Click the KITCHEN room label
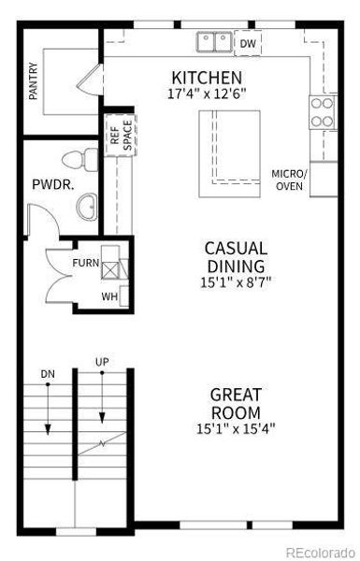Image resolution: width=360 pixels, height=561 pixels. click(207, 77)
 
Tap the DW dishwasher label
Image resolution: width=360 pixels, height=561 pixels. click(248, 43)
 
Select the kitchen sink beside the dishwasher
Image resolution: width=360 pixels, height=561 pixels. click(215, 42)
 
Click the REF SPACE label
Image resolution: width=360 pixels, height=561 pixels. click(122, 137)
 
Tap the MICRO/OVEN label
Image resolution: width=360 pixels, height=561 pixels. click(289, 179)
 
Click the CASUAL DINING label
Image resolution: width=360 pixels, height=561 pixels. click(236, 256)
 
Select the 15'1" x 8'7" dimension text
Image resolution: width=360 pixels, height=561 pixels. click(236, 280)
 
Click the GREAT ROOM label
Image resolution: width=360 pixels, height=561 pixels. click(235, 403)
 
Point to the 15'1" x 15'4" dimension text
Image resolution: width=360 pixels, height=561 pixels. click(235, 428)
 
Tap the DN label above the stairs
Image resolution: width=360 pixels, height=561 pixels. click(48, 374)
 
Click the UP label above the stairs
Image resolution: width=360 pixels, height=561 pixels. click(101, 361)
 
